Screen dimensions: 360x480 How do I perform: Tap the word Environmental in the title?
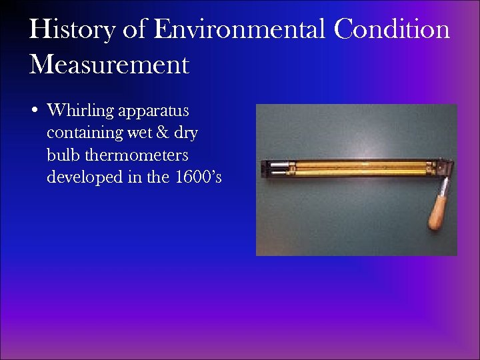(239, 30)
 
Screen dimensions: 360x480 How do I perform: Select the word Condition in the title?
(393, 30)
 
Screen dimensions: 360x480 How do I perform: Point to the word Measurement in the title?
(109, 65)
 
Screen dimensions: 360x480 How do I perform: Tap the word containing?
(84, 133)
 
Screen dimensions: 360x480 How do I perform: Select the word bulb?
(62, 155)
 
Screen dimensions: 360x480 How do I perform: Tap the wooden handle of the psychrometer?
(439, 212)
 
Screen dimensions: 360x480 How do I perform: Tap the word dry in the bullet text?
(186, 133)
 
